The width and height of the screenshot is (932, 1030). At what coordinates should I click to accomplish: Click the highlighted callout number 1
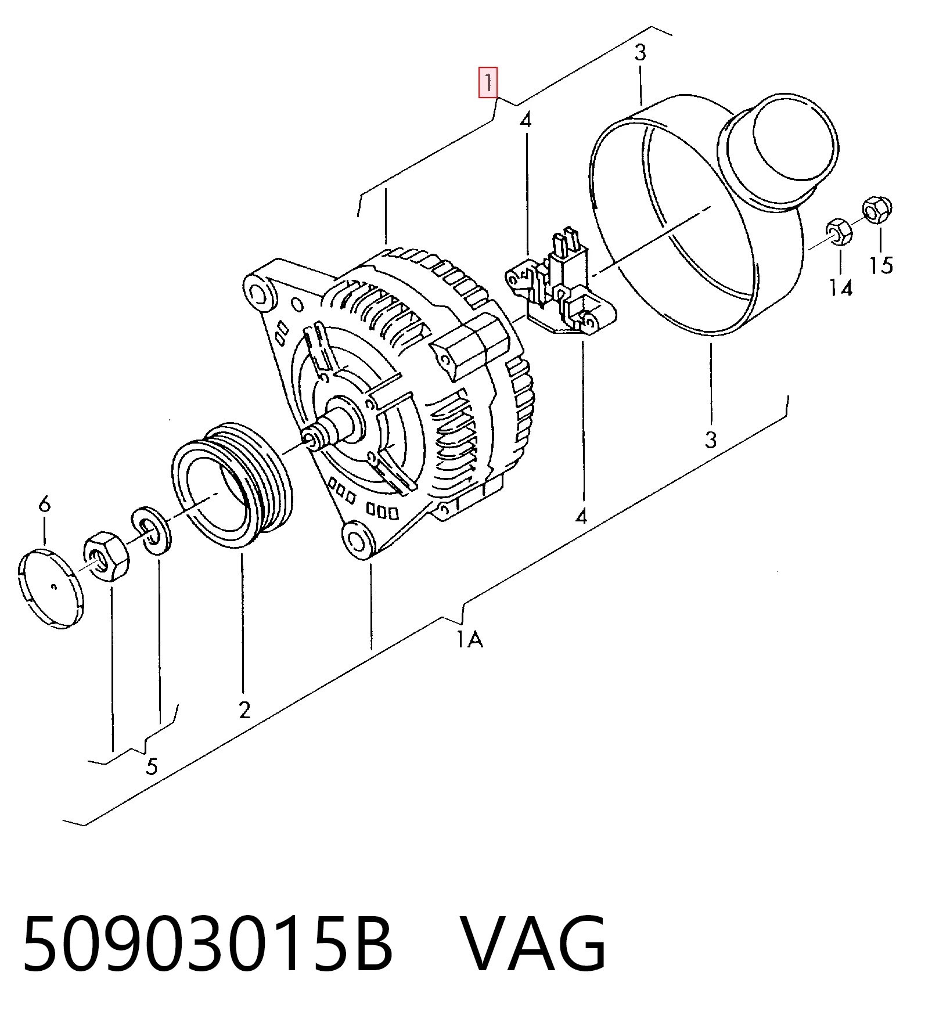(488, 82)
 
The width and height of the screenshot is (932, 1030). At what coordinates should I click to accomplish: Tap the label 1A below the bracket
(469, 639)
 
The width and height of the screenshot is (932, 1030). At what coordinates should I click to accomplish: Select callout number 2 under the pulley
(244, 710)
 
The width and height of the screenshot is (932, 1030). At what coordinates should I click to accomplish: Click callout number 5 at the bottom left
(152, 766)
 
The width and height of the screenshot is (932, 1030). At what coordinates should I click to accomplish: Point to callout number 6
(45, 504)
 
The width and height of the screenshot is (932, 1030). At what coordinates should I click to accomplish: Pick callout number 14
(840, 287)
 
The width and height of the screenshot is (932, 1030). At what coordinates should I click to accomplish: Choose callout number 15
(880, 265)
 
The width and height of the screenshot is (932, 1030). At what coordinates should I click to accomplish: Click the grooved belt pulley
(232, 485)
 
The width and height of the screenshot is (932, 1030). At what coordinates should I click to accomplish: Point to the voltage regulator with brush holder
(561, 288)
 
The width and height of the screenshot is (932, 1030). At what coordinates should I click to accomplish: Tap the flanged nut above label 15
(877, 210)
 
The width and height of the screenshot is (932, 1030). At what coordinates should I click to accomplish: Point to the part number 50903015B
(208, 943)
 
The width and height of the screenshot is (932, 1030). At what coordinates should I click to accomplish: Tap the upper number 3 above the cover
(640, 53)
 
